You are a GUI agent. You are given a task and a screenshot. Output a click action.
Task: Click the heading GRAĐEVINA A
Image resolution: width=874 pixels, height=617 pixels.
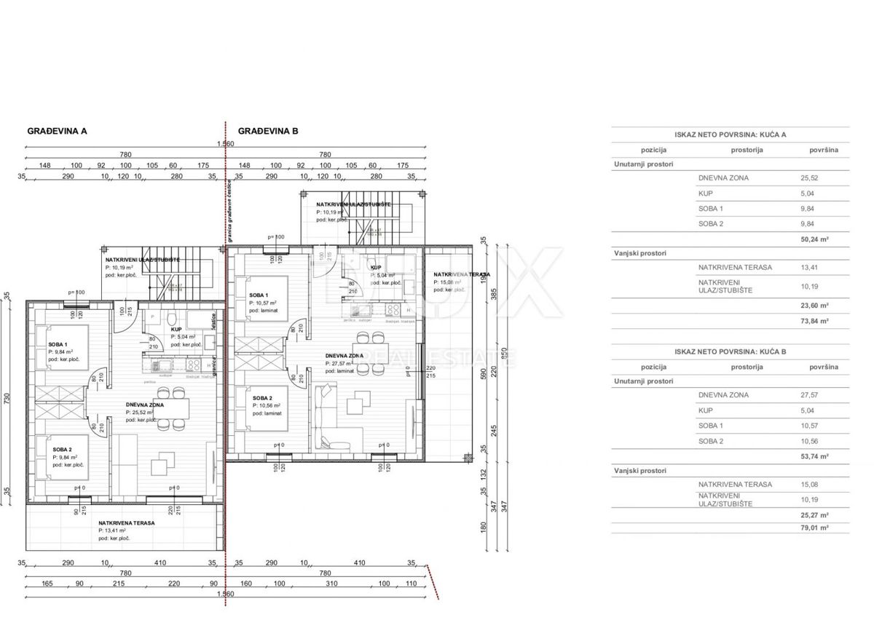point(58,132)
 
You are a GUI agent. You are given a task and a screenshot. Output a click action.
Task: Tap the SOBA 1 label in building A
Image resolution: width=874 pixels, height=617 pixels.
point(58,344)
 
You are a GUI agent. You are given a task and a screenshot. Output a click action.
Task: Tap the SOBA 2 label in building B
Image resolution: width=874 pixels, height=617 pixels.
point(263,398)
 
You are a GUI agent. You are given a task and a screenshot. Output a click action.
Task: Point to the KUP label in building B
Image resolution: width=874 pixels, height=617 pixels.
point(376,268)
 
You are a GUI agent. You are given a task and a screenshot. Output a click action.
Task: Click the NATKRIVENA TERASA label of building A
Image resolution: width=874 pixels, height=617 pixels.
point(127,522)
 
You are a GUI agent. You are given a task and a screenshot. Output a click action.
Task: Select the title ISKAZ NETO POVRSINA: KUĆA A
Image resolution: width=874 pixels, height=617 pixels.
point(730,135)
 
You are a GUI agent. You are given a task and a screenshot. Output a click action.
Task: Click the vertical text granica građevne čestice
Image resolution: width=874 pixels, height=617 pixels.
point(229,211)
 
